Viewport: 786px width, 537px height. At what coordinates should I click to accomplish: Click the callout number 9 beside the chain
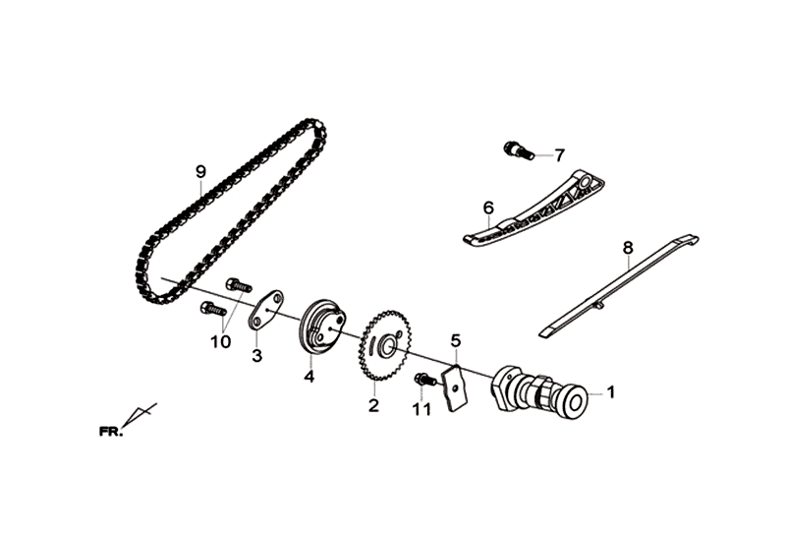[200, 172]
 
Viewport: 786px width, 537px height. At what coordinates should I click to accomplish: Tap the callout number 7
[559, 155]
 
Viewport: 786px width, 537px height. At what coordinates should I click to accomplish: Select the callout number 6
[488, 208]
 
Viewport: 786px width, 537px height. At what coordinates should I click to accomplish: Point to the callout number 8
[628, 248]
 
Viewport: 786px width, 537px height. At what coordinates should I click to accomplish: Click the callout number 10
[220, 342]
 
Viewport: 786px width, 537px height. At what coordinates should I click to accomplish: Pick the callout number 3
[256, 356]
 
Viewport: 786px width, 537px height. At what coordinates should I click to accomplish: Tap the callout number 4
[309, 376]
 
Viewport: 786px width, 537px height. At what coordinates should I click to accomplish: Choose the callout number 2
[373, 405]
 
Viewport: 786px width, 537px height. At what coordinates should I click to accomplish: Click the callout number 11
[421, 409]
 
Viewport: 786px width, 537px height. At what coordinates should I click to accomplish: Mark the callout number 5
[455, 340]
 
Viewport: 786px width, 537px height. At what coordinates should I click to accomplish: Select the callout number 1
[610, 392]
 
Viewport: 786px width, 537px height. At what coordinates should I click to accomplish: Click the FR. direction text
[111, 432]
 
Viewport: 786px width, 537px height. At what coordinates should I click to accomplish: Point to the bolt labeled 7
[517, 151]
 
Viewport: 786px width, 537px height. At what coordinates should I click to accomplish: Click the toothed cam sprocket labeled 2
[385, 345]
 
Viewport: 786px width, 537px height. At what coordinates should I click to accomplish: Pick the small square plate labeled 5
[454, 388]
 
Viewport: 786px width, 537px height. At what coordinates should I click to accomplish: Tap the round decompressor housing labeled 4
[322, 328]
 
